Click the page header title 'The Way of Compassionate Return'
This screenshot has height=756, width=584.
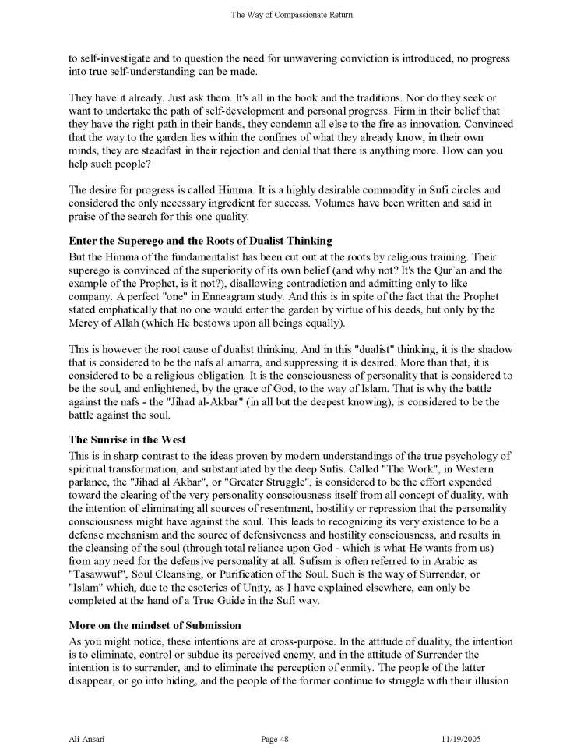coord(292,12)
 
